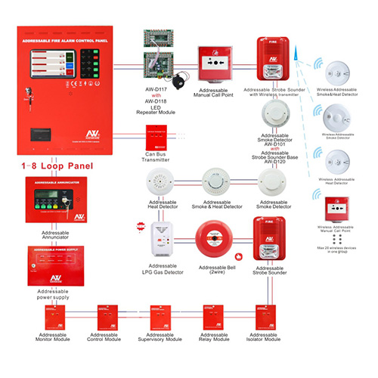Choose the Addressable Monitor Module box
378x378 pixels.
click(x=52, y=317)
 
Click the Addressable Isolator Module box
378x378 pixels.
click(x=268, y=317)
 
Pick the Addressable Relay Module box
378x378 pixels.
click(x=214, y=317)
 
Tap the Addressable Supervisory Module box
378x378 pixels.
click(x=162, y=317)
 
